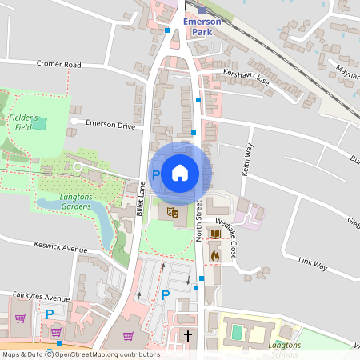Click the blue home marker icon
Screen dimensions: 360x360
[180, 173]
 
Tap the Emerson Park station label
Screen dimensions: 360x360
[201, 26]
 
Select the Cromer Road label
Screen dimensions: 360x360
[59, 64]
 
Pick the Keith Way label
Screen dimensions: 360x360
[246, 158]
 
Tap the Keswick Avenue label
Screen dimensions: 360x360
[61, 248]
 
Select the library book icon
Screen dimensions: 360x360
[214, 234]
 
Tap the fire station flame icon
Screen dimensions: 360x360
[214, 254]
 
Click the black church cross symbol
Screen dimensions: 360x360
[188, 336]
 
